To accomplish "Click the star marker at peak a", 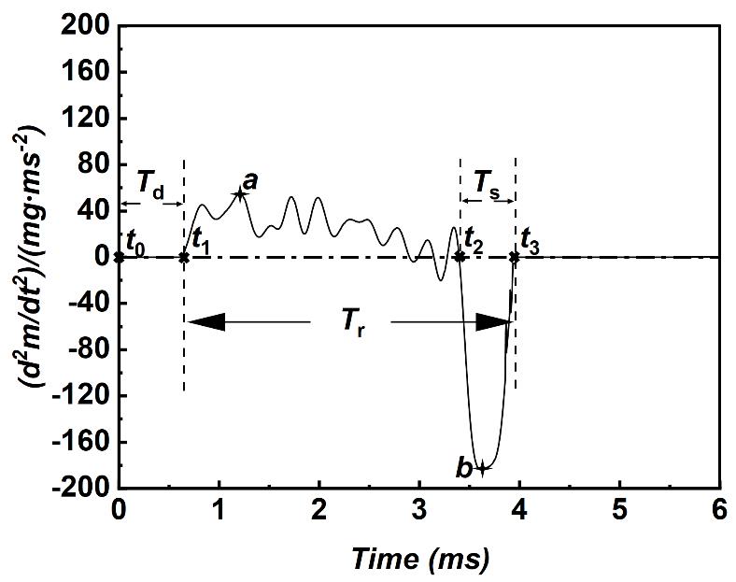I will (239, 193).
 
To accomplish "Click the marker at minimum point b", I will (482, 469).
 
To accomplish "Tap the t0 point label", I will (136, 240).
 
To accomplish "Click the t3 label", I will (530, 240).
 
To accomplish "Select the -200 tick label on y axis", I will (80, 488).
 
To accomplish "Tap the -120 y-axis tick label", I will (80, 396).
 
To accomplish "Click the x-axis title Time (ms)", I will (420, 559).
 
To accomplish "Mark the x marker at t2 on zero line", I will (460, 256).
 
